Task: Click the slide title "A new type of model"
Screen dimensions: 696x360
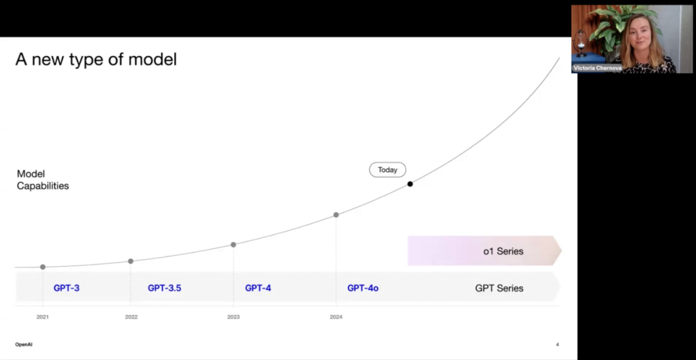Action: (x=96, y=59)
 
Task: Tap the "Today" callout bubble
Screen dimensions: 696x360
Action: (x=387, y=170)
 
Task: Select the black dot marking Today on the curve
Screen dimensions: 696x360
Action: (x=410, y=184)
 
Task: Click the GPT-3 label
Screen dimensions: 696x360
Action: (x=66, y=288)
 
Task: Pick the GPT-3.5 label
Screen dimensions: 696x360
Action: (x=165, y=288)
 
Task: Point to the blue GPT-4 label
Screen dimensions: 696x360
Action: (x=258, y=288)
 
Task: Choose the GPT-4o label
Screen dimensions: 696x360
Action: (x=363, y=288)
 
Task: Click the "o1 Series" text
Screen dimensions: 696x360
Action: (x=503, y=251)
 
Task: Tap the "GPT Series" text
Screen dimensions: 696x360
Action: (x=499, y=288)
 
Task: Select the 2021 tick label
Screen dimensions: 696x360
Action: (x=43, y=317)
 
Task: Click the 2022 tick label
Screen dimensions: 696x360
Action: (x=131, y=317)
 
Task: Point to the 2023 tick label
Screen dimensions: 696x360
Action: (x=233, y=317)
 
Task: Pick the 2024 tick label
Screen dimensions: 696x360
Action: (x=336, y=317)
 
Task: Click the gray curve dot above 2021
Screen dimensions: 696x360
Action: (x=43, y=267)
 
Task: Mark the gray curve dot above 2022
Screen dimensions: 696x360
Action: (x=130, y=261)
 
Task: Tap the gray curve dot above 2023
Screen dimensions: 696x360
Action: (x=233, y=245)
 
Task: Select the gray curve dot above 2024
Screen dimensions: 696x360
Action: (x=336, y=215)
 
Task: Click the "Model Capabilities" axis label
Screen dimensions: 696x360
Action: (x=43, y=180)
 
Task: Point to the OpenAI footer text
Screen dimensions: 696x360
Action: (x=24, y=345)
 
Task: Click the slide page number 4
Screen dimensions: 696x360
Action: (x=557, y=345)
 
